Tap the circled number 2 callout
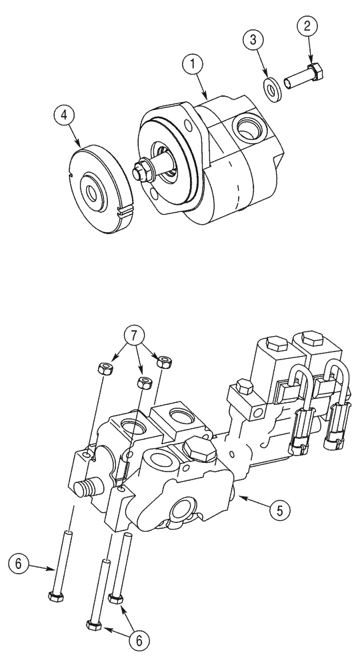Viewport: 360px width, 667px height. [x=308, y=28]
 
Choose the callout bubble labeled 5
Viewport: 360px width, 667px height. [x=279, y=512]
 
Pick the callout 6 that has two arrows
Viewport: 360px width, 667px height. [x=139, y=640]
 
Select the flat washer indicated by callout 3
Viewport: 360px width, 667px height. [x=273, y=88]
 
